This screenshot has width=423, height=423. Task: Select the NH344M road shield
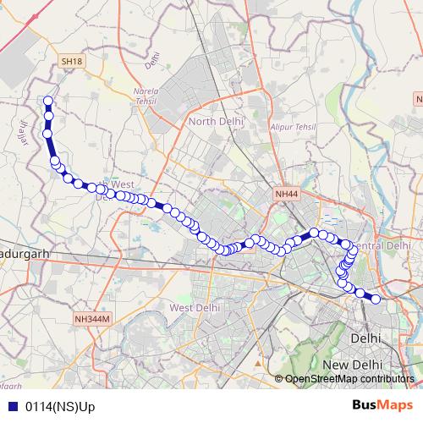[92, 319]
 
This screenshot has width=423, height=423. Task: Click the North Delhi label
[215, 122]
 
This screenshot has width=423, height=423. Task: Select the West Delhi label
[196, 307]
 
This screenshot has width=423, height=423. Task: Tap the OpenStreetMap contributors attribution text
[349, 379]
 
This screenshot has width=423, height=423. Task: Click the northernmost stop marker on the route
[48, 102]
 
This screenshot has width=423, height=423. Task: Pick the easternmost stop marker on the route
[376, 299]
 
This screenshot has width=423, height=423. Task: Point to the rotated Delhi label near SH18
[152, 60]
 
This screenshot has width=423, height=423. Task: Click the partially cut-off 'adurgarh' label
[25, 253]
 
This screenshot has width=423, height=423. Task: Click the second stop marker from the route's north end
[48, 115]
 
